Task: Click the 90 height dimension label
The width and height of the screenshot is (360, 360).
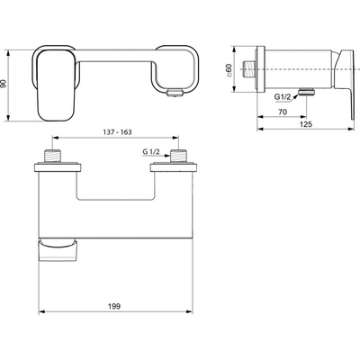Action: pos(4,84)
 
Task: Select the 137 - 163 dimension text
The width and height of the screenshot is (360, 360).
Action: pos(117,132)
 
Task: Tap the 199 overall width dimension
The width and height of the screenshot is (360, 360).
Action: pos(114,306)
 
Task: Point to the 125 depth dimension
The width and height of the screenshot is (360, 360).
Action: pos(306,124)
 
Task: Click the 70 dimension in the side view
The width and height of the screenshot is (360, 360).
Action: pos(283,112)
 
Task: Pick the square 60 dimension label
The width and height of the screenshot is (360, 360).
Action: pos(229,69)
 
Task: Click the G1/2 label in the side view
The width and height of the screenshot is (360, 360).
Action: pos(283,96)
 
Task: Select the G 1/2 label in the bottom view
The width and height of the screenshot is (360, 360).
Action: pos(151,152)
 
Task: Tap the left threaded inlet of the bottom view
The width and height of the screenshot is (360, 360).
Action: pos(52,156)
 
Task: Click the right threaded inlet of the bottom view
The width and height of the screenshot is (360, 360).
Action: pos(178,156)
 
